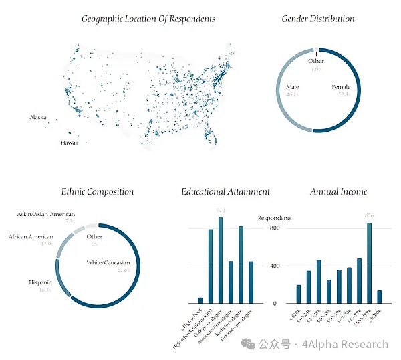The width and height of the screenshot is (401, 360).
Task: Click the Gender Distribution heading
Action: click(x=318, y=19)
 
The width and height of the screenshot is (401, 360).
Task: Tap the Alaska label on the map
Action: click(x=38, y=118)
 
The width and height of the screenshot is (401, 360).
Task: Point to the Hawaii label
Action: click(x=70, y=143)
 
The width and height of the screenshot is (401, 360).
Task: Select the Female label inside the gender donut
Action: click(x=341, y=88)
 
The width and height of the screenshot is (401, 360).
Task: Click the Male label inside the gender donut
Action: click(x=293, y=88)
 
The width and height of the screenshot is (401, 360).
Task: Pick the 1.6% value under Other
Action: click(x=316, y=68)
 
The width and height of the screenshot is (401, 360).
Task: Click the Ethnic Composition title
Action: click(x=98, y=191)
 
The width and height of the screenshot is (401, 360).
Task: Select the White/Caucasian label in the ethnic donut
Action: click(x=108, y=262)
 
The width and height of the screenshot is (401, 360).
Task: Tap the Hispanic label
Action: click(x=40, y=283)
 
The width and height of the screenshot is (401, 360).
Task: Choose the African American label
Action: click(x=31, y=237)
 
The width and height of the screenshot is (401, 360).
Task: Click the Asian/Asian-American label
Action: click(x=46, y=214)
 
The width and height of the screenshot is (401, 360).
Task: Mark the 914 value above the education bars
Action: click(x=221, y=211)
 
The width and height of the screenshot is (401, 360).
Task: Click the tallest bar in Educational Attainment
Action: click(x=221, y=260)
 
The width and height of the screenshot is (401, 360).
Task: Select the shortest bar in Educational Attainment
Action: click(x=200, y=300)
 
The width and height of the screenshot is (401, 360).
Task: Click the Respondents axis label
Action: click(x=275, y=218)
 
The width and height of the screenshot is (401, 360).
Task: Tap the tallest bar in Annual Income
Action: click(x=369, y=263)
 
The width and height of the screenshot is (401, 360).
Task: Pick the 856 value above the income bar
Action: click(x=369, y=215)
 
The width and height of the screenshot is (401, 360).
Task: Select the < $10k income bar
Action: click(x=299, y=294)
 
